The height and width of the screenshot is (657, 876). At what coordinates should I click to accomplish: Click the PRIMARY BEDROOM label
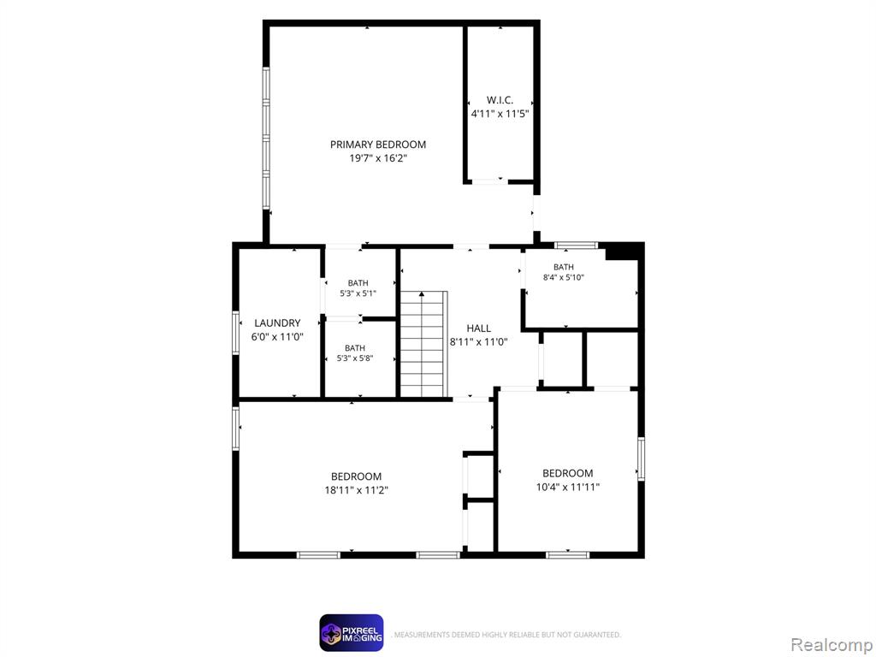[x=377, y=145]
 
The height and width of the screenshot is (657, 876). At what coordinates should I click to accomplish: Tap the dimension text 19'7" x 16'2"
[x=377, y=158]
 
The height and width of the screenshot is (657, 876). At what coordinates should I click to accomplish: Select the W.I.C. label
[x=500, y=101]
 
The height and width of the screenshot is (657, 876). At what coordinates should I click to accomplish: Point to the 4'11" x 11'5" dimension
[x=500, y=114]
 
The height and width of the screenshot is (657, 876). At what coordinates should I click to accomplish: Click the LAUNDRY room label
[x=277, y=323]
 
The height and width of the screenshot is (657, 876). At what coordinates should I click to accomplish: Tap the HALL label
[x=478, y=328]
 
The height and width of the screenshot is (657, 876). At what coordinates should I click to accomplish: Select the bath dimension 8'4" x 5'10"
[x=563, y=277]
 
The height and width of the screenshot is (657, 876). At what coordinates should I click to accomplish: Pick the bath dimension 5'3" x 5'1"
[x=358, y=293]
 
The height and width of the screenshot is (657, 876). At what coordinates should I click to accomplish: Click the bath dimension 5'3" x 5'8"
[x=354, y=358]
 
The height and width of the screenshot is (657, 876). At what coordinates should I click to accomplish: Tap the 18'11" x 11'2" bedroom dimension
[x=356, y=490]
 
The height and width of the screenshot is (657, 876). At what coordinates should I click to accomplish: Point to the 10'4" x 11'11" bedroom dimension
[x=568, y=487]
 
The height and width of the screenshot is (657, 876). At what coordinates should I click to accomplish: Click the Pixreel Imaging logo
[x=352, y=633]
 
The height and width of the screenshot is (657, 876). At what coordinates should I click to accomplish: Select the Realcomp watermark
[x=832, y=645]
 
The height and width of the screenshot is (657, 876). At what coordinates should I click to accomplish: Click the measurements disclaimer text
[x=506, y=635]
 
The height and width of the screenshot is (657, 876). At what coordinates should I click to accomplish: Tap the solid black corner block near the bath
[x=623, y=252]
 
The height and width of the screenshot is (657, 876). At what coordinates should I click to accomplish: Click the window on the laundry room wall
[x=236, y=333]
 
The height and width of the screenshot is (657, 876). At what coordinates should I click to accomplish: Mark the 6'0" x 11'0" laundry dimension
[x=277, y=337]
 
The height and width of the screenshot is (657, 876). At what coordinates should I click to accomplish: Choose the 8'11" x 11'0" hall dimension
[x=478, y=342]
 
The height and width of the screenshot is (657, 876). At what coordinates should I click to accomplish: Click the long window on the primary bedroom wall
[x=266, y=139]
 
